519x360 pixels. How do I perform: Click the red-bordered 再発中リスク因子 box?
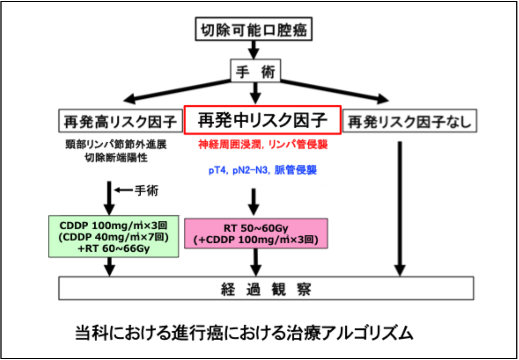click(x=262, y=120)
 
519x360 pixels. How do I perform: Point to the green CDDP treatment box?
click(x=114, y=237)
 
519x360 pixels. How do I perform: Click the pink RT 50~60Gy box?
click(x=256, y=233)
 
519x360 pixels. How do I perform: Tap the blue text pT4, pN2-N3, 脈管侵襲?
click(x=262, y=171)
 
